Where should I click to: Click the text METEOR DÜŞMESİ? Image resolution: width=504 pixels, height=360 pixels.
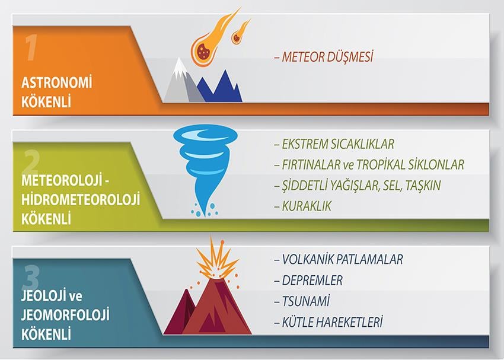coord(327,56)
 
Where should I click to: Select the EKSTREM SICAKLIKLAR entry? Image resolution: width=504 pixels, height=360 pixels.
coord(338,144)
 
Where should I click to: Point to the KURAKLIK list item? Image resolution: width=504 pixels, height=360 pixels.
coord(307,206)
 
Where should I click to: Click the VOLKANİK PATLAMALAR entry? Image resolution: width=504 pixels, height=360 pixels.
coord(342,259)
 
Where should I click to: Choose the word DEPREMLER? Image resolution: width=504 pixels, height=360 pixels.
coord(312,281)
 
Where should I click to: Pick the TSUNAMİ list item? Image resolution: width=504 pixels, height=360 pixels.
coord(306,301)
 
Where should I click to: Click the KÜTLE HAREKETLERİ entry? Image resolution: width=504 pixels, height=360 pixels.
coord(332,322)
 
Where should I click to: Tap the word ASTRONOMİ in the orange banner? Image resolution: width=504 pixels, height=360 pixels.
coord(56,82)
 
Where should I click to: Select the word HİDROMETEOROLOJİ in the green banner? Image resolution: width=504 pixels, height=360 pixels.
coord(81,199)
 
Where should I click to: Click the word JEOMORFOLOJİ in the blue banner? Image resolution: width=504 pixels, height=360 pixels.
coord(65,315)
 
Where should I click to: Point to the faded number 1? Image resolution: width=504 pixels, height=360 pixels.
coord(31,47)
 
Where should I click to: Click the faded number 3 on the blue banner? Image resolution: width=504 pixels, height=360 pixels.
coord(31,278)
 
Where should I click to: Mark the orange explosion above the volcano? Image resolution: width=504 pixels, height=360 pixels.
coord(216,259)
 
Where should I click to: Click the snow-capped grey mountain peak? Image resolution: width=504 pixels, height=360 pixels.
coord(181,80)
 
